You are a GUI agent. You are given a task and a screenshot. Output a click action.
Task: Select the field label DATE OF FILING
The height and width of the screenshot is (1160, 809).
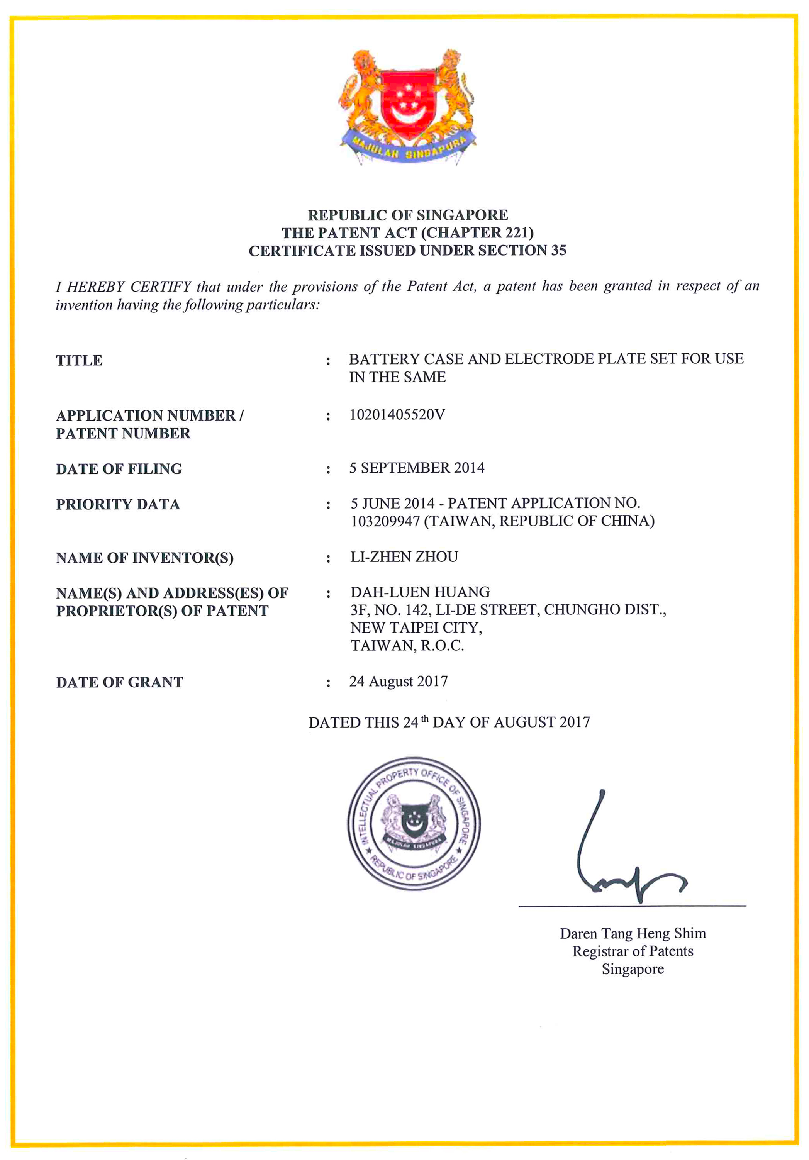[119, 469]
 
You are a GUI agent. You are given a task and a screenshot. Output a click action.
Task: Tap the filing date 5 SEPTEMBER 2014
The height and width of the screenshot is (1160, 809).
[416, 468]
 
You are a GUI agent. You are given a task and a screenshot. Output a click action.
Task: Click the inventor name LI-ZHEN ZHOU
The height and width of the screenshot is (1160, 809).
[404, 557]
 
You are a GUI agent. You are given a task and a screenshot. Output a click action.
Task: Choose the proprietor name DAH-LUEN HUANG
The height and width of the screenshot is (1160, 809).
[420, 592]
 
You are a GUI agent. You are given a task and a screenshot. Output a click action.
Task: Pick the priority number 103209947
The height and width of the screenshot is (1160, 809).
[385, 521]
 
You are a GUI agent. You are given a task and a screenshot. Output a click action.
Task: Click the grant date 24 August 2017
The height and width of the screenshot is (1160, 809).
[398, 682]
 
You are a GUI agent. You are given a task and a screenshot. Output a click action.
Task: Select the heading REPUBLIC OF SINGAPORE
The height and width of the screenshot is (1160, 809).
[408, 215]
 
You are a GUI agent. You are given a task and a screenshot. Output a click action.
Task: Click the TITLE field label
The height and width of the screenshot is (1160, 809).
[79, 360]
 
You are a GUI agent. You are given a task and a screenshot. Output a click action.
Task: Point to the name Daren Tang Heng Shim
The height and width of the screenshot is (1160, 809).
[633, 934]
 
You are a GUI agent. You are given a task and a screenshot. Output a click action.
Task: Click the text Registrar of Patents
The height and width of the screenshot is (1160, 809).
[633, 951]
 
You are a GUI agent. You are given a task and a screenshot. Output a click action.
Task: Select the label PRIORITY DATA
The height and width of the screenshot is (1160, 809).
[118, 504]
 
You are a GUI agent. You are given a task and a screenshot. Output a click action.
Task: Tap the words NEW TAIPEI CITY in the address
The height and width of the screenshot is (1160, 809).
[416, 627]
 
